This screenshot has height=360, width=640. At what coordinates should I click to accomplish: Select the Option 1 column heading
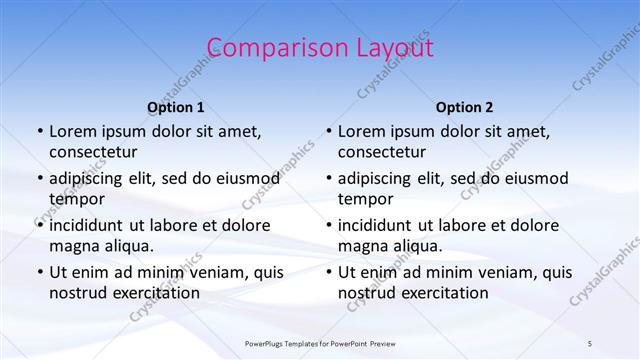(x=176, y=106)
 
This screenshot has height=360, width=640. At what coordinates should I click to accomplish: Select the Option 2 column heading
(x=465, y=106)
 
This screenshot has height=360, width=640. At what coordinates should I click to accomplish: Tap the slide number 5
(x=590, y=343)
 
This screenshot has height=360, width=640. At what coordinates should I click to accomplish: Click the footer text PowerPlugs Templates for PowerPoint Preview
(x=320, y=343)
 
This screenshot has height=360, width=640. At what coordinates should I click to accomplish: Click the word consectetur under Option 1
(x=93, y=152)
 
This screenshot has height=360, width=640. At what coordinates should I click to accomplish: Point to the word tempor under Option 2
(x=366, y=199)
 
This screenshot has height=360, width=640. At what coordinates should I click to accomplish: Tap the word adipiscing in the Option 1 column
(x=90, y=179)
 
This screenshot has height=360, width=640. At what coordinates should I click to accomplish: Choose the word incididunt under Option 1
(x=90, y=225)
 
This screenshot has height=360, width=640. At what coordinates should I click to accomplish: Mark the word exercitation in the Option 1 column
(x=155, y=293)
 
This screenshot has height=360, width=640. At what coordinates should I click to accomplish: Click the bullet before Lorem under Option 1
(x=39, y=132)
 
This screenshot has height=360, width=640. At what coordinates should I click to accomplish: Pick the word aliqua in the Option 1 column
(x=129, y=246)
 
